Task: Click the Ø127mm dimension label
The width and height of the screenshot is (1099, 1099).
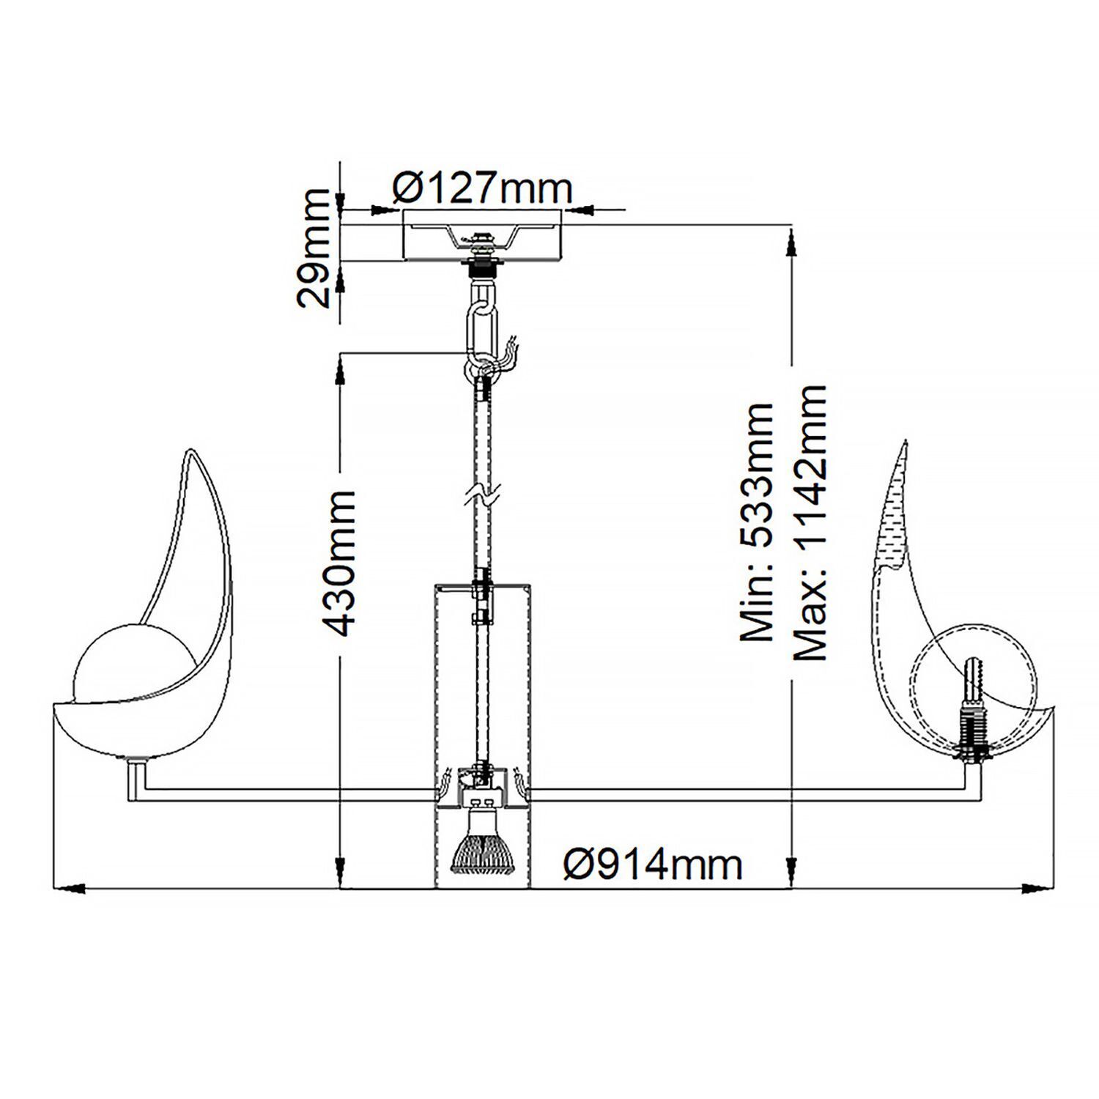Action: pyautogui.click(x=481, y=189)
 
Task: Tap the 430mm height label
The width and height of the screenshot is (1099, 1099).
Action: pyautogui.click(x=338, y=563)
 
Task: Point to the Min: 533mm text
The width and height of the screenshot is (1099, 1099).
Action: pyautogui.click(x=756, y=522)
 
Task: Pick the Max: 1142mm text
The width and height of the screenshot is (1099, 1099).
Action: pyautogui.click(x=809, y=522)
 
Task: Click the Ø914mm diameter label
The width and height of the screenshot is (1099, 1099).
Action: pyautogui.click(x=653, y=865)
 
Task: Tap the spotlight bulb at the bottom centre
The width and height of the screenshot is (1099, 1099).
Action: pyautogui.click(x=481, y=850)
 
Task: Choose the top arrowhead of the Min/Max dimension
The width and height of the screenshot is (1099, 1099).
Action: pyautogui.click(x=791, y=242)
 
